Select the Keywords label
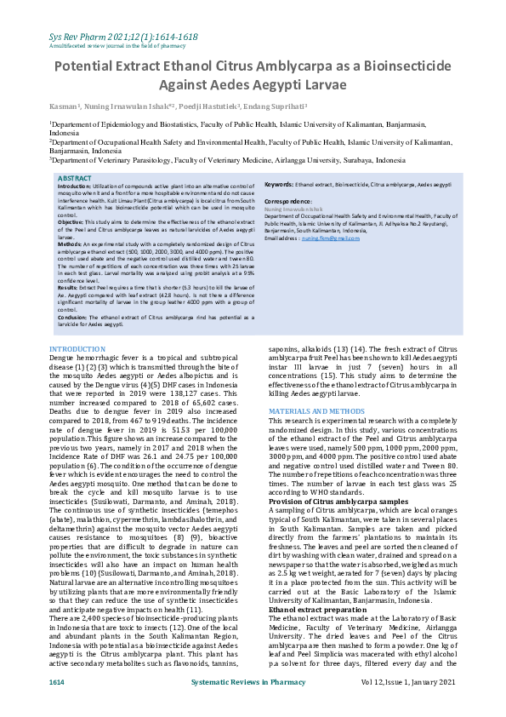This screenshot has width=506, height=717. click(279, 184)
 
